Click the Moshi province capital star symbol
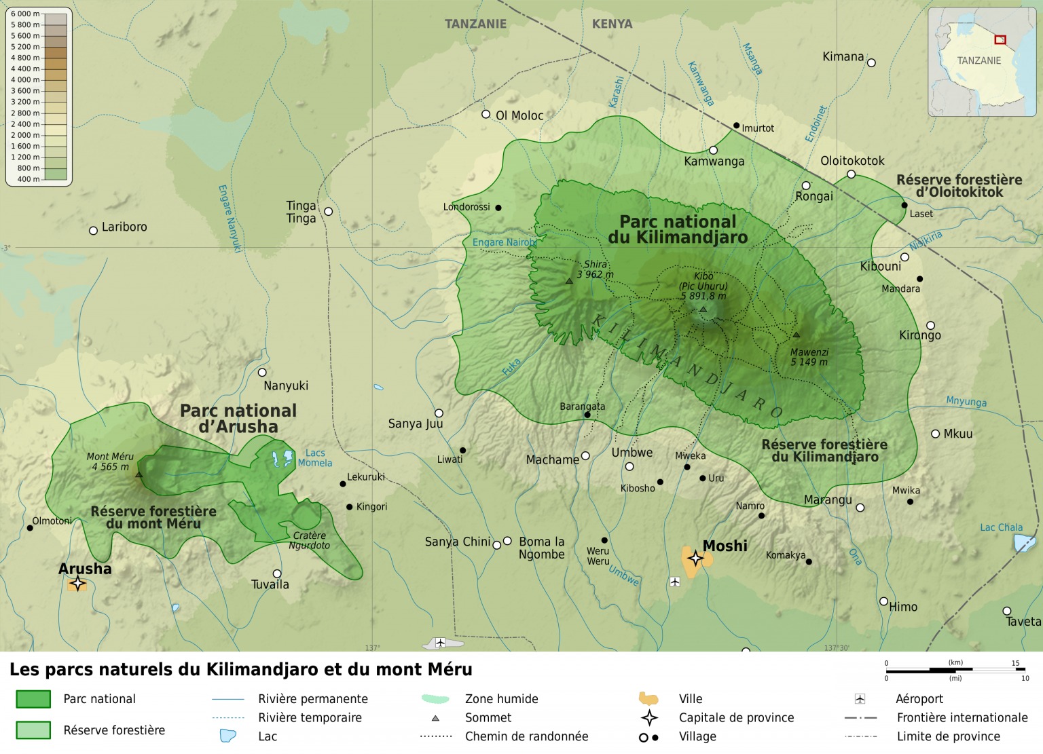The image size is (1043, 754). (x=695, y=558)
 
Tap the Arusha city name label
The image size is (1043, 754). (x=85, y=569)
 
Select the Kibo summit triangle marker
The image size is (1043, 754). (x=703, y=309)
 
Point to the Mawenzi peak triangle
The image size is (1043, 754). (x=797, y=335)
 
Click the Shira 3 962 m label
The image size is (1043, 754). (x=596, y=269)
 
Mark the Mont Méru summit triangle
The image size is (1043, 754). (x=139, y=474)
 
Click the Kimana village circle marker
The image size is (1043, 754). (x=871, y=63)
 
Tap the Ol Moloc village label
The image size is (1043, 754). (x=519, y=116)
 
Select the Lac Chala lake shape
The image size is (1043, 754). (x=1023, y=543)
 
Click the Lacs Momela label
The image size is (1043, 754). (x=315, y=458)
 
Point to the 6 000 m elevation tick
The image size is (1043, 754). (x=25, y=14)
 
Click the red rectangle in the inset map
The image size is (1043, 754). (x=1000, y=39)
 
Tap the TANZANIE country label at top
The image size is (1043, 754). (x=475, y=24)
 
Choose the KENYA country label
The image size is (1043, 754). (x=612, y=24)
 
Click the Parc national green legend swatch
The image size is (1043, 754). (x=33, y=699)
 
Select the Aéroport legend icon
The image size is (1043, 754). (x=860, y=699)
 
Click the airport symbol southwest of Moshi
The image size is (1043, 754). (x=674, y=582)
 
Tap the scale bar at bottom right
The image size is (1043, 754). (x=955, y=671)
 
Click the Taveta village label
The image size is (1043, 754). (x=1023, y=622)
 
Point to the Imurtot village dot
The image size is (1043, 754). (x=736, y=126)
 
